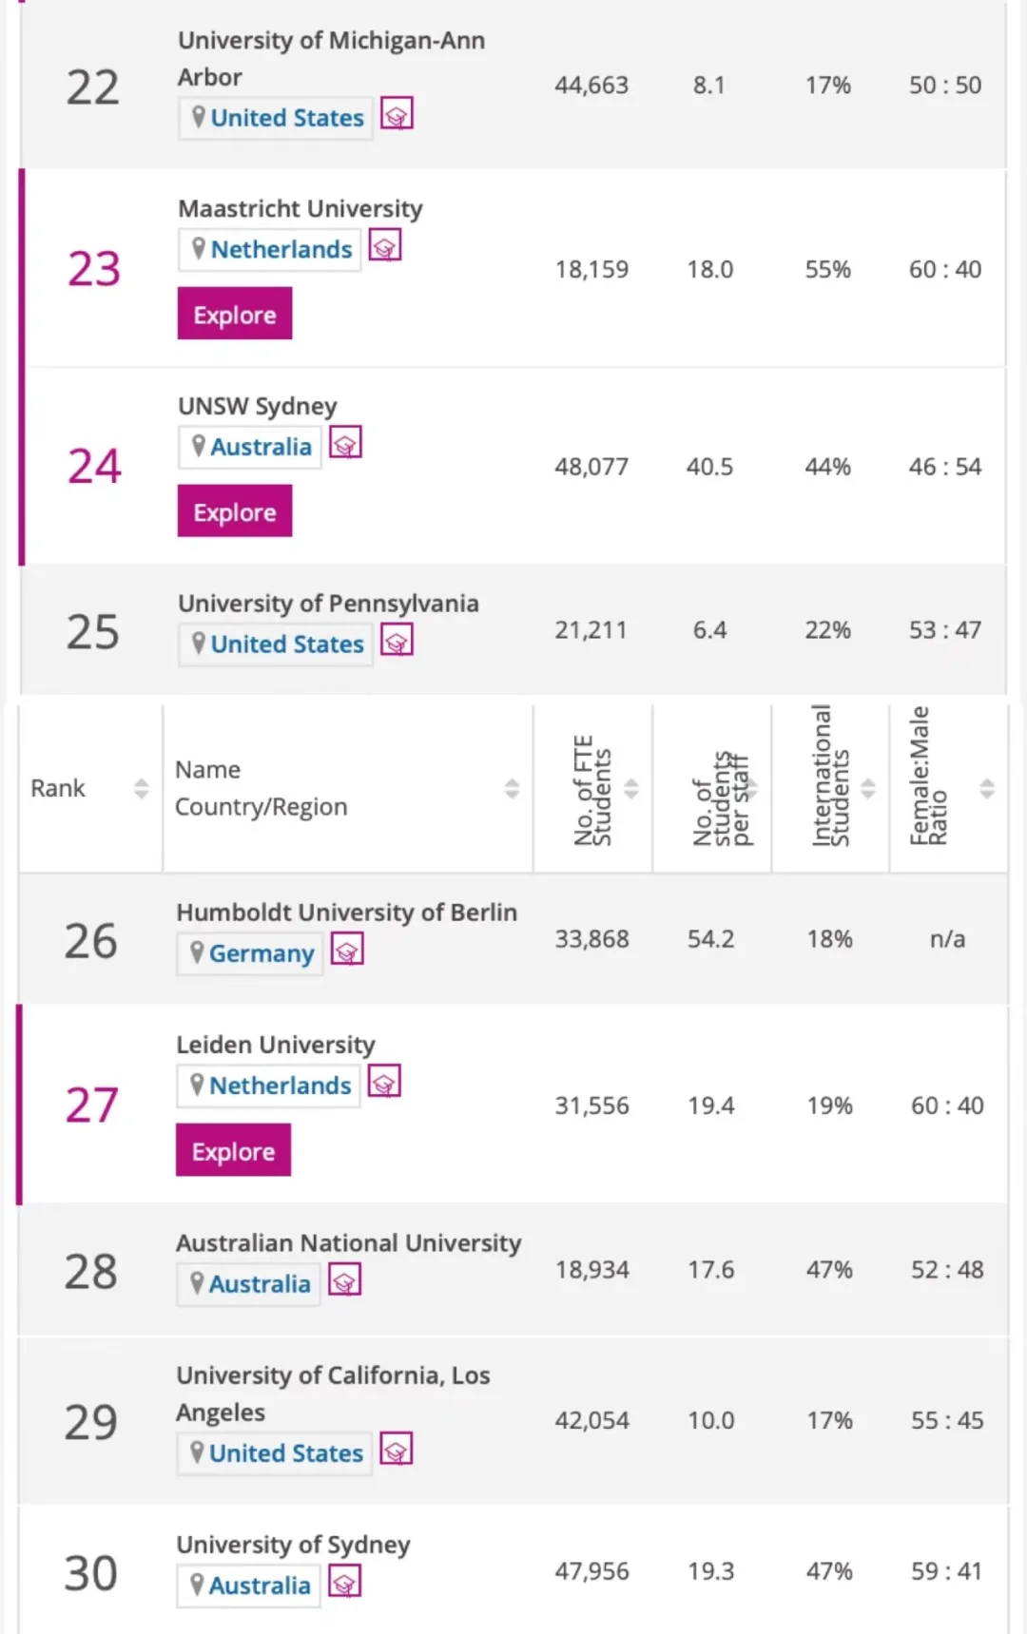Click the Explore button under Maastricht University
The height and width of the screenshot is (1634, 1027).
click(234, 315)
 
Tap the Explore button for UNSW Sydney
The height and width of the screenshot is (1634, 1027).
click(234, 511)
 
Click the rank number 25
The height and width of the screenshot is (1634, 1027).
click(92, 631)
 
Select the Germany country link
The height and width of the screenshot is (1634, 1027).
click(261, 953)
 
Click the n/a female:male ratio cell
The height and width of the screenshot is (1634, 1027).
click(947, 939)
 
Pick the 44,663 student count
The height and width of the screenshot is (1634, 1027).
click(591, 86)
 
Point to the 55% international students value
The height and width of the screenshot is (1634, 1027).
click(827, 270)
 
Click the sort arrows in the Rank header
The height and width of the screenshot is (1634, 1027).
click(142, 788)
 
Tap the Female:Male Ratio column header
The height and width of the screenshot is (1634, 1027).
click(928, 777)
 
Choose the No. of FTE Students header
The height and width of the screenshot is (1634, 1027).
click(591, 790)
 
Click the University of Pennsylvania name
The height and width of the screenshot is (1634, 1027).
click(328, 604)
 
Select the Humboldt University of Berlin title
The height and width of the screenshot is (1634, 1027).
click(346, 913)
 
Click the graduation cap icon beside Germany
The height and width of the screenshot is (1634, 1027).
click(347, 950)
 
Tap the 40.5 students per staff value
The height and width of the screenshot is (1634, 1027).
click(709, 467)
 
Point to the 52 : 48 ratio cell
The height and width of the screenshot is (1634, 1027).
click(947, 1270)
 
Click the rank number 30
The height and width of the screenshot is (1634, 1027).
click(90, 1573)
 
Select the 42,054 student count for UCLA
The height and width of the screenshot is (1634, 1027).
click(591, 1421)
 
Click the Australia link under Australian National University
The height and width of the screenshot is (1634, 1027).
click(259, 1284)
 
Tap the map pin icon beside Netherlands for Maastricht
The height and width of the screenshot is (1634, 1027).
click(198, 248)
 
